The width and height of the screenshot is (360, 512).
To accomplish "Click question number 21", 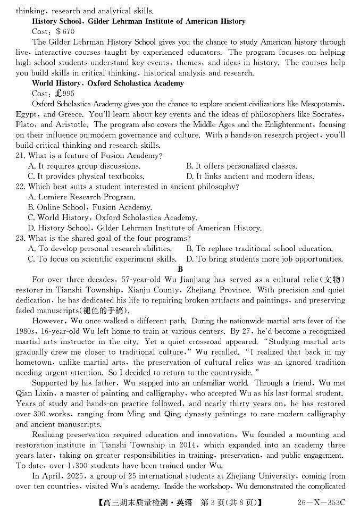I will pos(21,156).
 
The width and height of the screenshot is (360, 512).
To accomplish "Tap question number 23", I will pos(21,239).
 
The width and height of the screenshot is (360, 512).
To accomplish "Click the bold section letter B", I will pos(180,270).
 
